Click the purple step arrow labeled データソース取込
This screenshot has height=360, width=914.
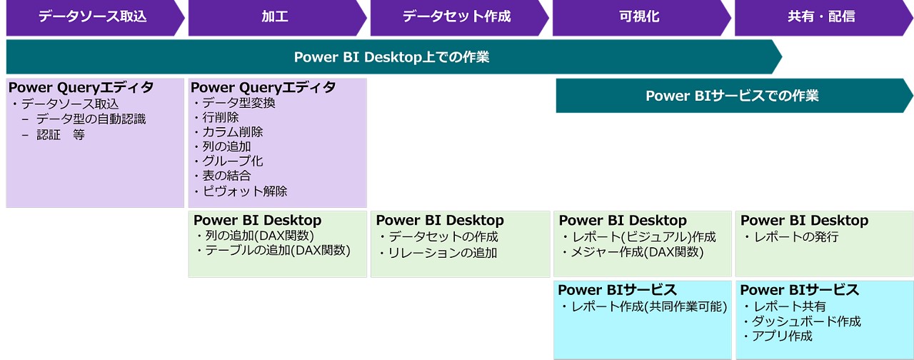pos(93,16)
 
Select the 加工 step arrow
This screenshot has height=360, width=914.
pos(275,16)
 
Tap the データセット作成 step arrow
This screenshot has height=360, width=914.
pos(457,16)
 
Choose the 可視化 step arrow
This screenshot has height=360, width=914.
pos(639,16)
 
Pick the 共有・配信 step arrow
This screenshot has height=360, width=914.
pos(821,16)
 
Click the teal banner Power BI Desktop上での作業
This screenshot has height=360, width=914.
pos(391,57)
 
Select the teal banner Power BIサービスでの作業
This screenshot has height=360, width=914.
pos(731,96)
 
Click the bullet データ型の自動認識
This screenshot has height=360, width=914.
pos(91,119)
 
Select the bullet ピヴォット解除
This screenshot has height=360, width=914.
pos(244,191)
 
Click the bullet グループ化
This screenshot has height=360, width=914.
pos(232,161)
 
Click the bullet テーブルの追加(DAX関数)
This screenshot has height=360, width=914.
pos(277,251)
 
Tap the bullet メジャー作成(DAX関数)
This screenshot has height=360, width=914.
pos(637,252)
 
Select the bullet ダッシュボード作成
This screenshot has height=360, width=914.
pos(807,321)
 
